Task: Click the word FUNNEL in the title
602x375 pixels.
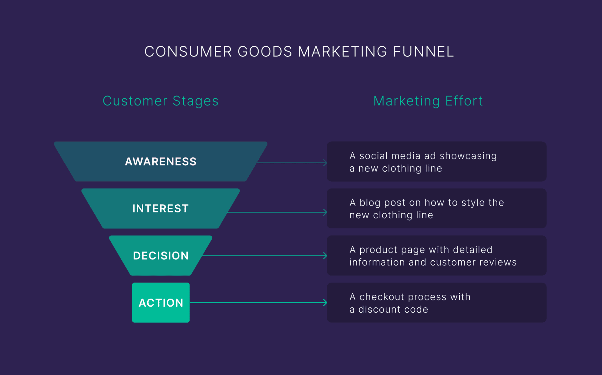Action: click(423, 52)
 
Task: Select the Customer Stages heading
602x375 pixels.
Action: click(161, 101)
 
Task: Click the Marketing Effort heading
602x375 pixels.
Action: click(428, 101)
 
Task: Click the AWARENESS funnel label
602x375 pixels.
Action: click(161, 162)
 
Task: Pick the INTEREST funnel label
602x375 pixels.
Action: click(161, 209)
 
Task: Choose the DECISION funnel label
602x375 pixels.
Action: click(161, 256)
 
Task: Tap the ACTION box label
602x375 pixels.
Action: click(161, 303)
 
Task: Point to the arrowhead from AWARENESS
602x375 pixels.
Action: click(325, 163)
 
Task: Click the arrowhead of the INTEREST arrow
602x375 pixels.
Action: click(325, 212)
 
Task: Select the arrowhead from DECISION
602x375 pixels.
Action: click(325, 256)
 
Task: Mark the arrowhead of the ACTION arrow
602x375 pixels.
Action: click(325, 303)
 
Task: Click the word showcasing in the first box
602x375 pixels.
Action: click(468, 156)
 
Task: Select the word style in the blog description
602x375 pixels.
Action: click(473, 203)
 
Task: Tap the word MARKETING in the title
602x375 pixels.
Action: click(342, 52)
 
